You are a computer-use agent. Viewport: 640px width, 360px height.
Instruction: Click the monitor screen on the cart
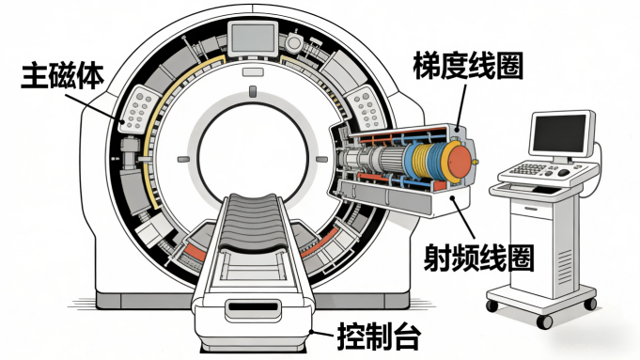click(561, 133)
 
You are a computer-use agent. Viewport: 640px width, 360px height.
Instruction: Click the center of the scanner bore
click(253, 150)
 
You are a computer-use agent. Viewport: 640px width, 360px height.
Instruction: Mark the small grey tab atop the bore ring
click(253, 90)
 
